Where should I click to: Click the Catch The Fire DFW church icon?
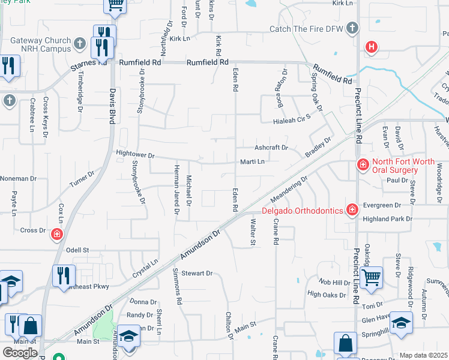click(x=352, y=28)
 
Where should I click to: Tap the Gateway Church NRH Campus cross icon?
click(x=80, y=43)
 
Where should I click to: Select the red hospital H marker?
click(x=372, y=46)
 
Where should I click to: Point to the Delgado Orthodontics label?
click(x=302, y=210)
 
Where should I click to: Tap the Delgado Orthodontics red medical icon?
click(x=351, y=209)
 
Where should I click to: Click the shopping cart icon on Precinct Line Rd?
click(x=372, y=277)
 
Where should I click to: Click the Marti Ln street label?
click(x=252, y=161)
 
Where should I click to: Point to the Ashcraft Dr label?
click(x=271, y=148)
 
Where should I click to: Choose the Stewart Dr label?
click(x=197, y=273)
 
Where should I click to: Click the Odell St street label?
click(x=77, y=250)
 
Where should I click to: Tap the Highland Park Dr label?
click(x=384, y=219)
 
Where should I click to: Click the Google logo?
click(x=20, y=353)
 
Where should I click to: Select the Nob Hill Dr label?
click(x=334, y=283)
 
